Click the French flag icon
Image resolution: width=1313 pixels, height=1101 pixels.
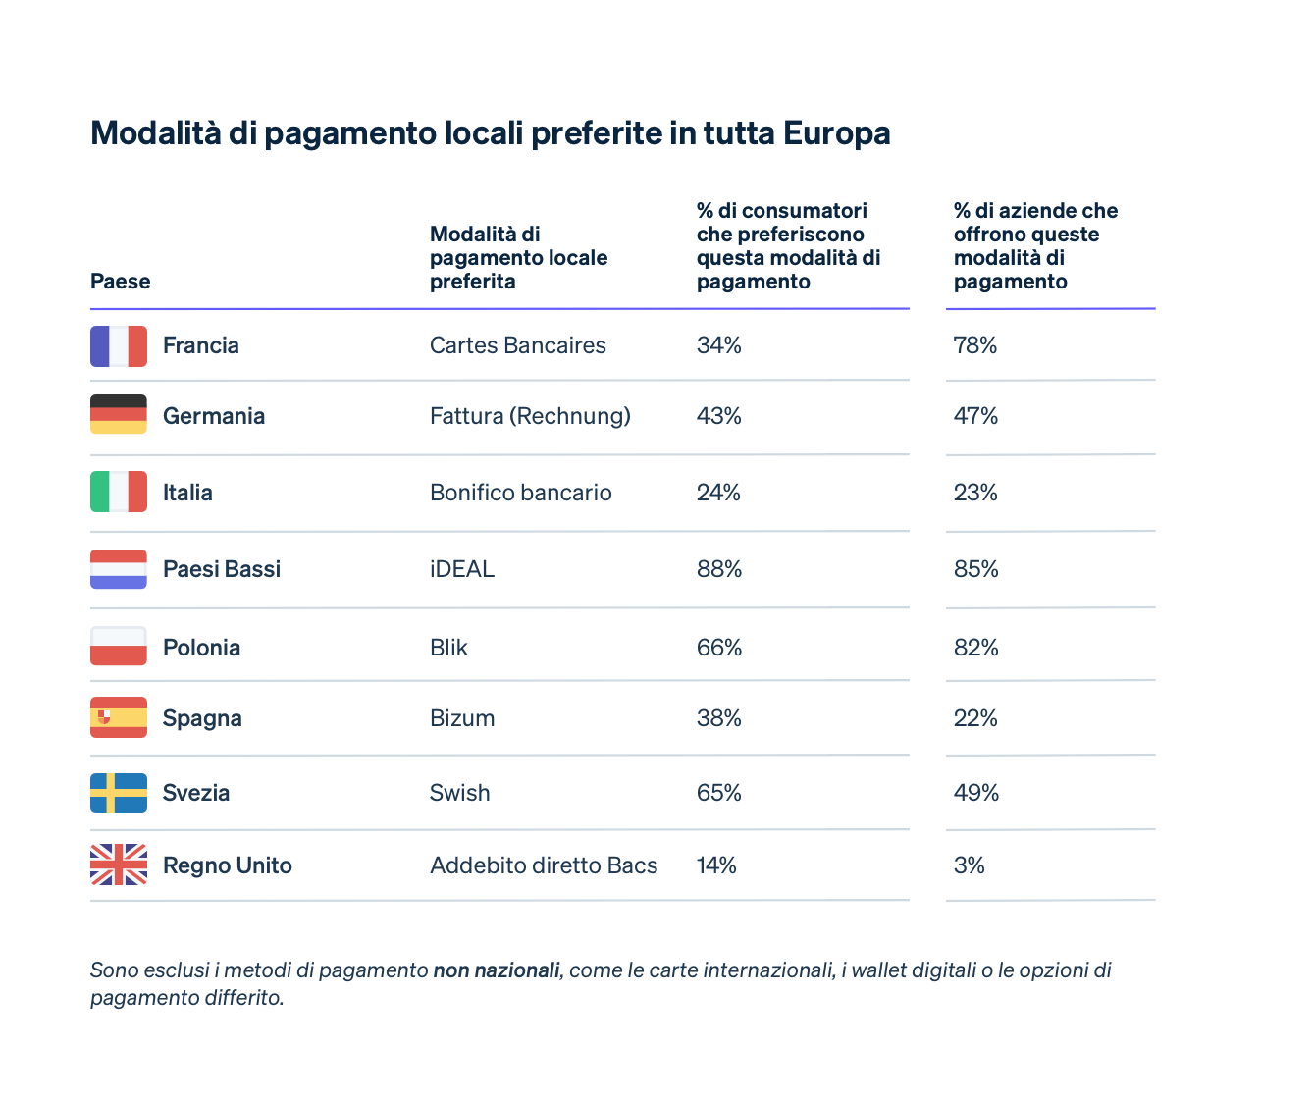coord(119,346)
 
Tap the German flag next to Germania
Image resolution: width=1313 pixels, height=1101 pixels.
coord(119,414)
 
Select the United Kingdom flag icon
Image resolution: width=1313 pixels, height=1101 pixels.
coord(119,865)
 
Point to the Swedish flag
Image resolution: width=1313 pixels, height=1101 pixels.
coord(119,793)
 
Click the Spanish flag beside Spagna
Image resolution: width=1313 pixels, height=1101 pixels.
coord(119,717)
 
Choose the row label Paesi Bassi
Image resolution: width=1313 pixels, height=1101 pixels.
coord(222,569)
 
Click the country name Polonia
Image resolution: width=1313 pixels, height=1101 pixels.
coord(201,648)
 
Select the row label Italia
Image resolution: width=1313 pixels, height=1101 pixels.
coord(187,493)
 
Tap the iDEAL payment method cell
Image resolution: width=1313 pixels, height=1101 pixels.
coord(462,569)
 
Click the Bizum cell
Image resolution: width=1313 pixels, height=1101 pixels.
coord(462,718)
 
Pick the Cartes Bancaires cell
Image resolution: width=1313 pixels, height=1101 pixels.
coord(518,345)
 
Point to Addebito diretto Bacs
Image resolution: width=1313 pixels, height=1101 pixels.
coord(544,865)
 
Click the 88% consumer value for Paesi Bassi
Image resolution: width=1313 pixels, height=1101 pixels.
coord(719,569)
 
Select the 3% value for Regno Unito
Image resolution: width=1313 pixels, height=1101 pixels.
coord(970,865)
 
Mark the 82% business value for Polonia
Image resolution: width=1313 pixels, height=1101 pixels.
coord(976,648)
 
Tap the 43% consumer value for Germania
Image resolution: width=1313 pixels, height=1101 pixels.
coord(719,416)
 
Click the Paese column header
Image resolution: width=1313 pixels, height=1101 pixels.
coord(121,282)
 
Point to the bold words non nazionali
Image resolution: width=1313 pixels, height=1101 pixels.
coord(497,970)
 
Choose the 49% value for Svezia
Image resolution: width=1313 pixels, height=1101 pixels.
coord(976,793)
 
